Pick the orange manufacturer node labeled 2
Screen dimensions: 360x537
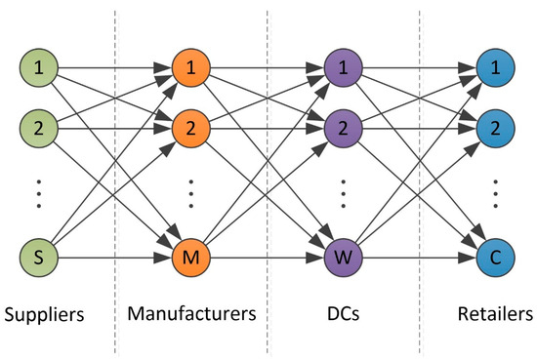(190, 128)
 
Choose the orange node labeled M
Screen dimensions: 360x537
(190, 260)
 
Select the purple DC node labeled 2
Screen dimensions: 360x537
(344, 128)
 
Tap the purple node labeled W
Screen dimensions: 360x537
(344, 260)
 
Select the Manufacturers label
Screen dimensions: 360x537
(191, 316)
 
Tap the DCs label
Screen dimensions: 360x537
(344, 316)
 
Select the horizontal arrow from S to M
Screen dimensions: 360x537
(115, 260)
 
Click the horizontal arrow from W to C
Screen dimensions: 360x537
(420, 260)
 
